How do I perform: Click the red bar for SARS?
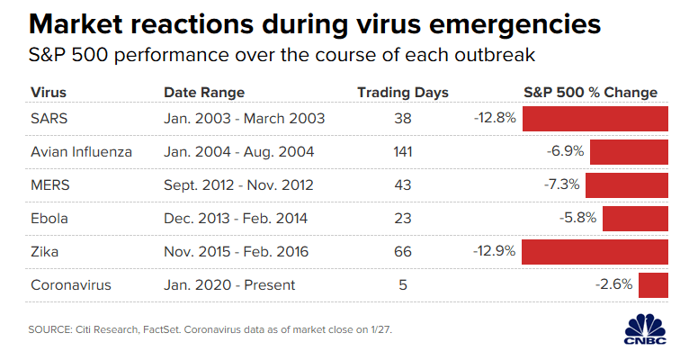pos(595,118)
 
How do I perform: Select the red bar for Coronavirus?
pos(653,284)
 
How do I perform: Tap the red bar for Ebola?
pos(635,218)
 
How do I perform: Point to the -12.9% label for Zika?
pos(493,251)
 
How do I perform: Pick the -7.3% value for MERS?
pos(562,184)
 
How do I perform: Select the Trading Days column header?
pos(402,93)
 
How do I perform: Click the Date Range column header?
pos(204,93)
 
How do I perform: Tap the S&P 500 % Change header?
pos(590,93)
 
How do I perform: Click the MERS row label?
pos(49,184)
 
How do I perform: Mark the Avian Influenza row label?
pos(81,151)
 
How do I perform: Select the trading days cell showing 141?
pos(402,151)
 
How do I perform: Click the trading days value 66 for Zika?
pos(402,251)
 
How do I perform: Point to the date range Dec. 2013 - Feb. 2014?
pos(237,218)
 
